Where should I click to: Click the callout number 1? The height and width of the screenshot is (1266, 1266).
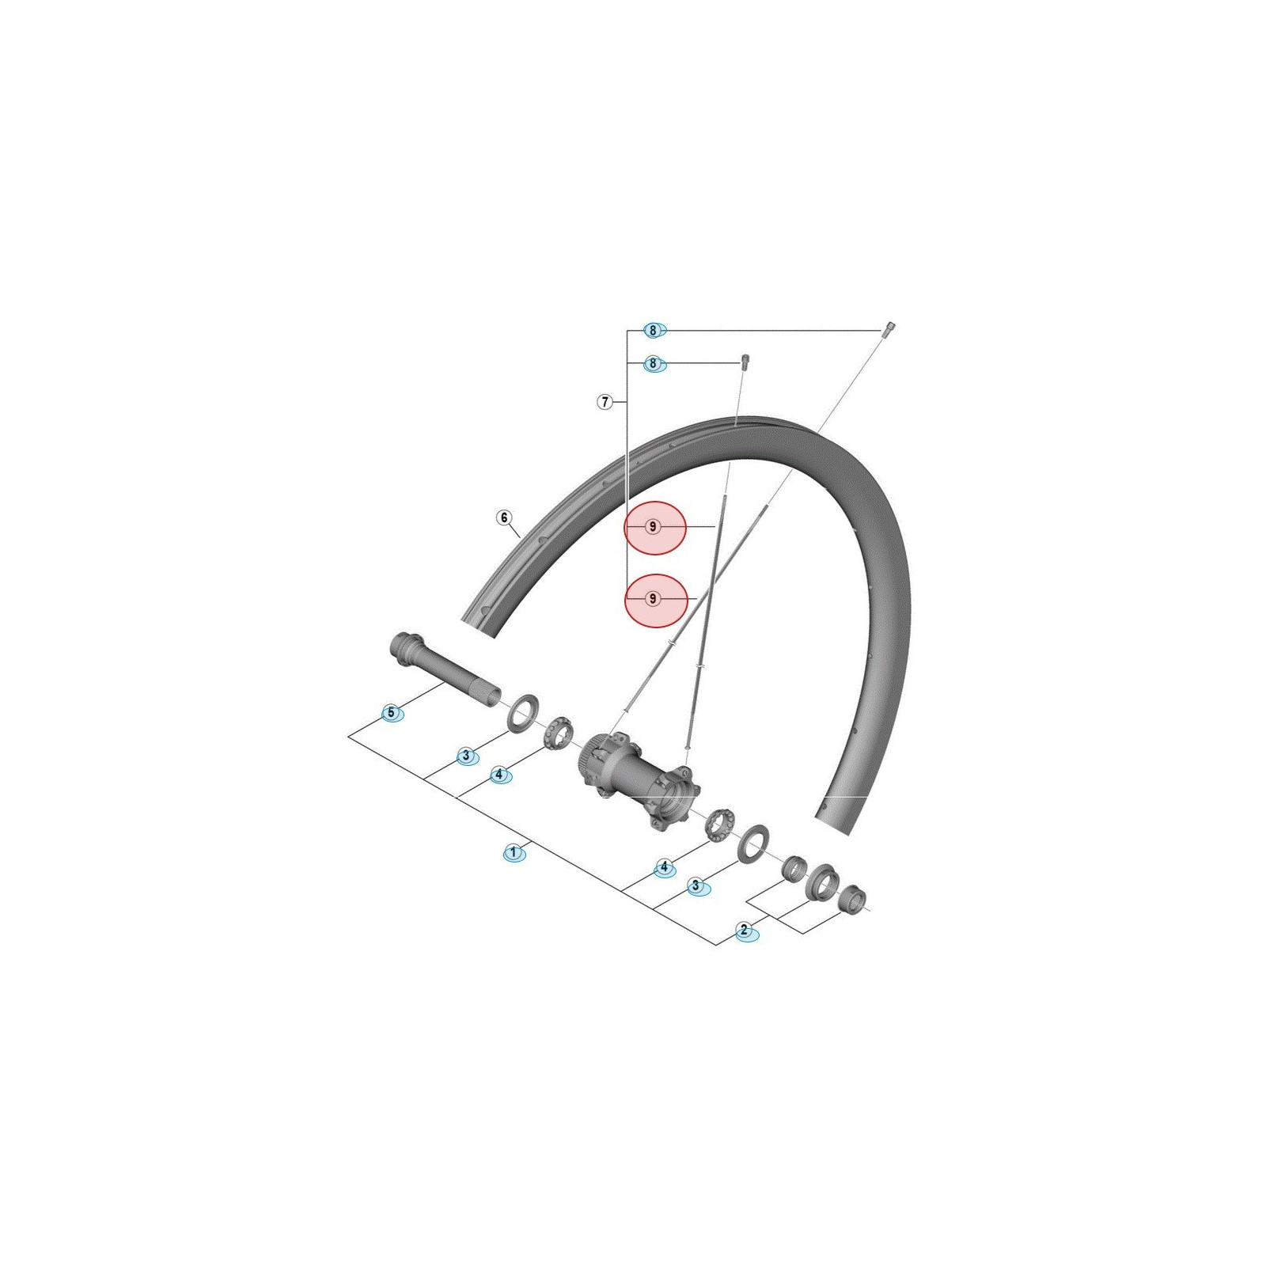click(x=514, y=852)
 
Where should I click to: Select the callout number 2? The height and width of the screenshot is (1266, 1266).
click(x=744, y=930)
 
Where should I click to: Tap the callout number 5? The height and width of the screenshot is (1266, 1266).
click(x=391, y=713)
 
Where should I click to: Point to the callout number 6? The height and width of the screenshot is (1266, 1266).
click(x=504, y=517)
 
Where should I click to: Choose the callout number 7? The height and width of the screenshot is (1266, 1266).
click(x=605, y=402)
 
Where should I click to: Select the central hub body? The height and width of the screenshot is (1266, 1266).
click(x=641, y=779)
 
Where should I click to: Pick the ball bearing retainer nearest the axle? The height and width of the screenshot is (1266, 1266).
click(x=558, y=733)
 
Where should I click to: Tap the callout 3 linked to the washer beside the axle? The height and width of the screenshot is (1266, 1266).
click(x=466, y=756)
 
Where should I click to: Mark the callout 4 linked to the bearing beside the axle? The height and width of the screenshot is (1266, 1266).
click(x=498, y=775)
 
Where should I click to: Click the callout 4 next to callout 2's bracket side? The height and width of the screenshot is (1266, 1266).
click(x=664, y=867)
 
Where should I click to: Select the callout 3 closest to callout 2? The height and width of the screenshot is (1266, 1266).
click(x=696, y=885)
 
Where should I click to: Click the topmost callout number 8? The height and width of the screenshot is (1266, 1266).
click(x=653, y=330)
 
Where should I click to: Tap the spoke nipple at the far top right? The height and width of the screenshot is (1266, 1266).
click(x=889, y=328)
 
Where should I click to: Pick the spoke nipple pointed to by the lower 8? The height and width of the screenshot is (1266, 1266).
click(x=744, y=362)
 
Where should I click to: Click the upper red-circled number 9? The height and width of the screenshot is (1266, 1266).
click(x=653, y=526)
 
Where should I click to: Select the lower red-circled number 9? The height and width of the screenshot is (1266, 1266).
click(x=653, y=599)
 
